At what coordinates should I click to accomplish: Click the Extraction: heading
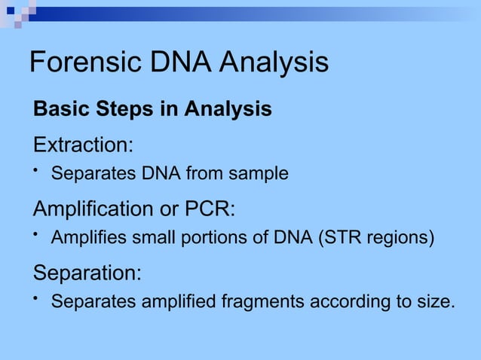tap(83, 143)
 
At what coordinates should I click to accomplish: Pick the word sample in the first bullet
tap(261, 175)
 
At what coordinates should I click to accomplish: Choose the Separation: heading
tap(87, 271)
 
